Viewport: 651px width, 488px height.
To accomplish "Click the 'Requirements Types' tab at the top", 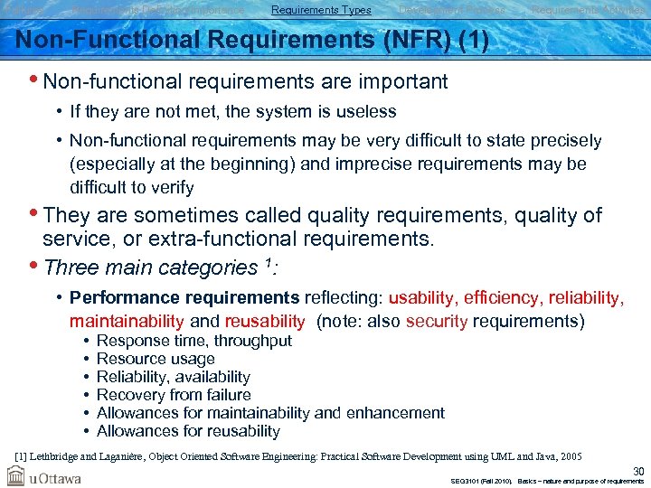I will (x=321, y=10).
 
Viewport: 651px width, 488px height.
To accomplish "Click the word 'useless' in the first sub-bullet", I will (x=363, y=112).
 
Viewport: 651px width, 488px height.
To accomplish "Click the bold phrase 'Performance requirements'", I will (x=184, y=297).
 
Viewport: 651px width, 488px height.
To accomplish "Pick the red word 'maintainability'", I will (x=127, y=321).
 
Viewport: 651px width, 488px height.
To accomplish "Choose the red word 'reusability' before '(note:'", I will (x=265, y=321).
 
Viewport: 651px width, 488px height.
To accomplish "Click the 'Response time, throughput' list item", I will (x=193, y=341).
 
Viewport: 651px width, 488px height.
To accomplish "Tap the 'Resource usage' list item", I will (x=156, y=359).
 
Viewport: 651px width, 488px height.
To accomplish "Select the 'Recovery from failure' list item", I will (x=174, y=395).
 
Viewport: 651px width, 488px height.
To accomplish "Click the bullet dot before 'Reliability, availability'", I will (x=84, y=377).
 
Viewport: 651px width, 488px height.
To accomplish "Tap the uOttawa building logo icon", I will (x=16, y=475).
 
